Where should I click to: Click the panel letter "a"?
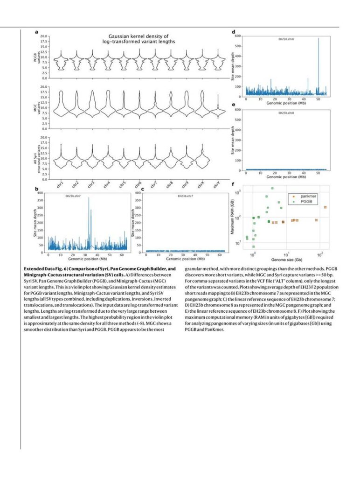point(36,32)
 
